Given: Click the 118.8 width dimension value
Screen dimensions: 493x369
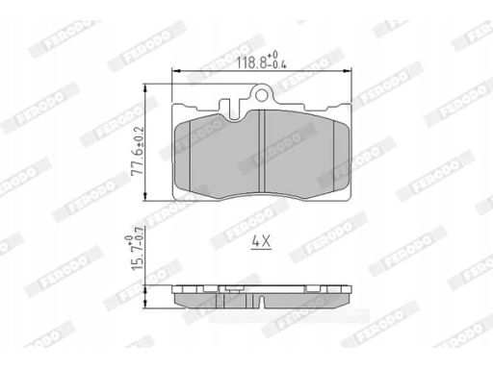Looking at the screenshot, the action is click(252, 62).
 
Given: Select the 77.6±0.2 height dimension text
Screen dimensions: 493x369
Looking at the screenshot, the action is click(138, 150).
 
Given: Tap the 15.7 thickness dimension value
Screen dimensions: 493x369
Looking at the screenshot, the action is click(138, 259).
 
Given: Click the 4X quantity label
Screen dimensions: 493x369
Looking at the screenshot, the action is click(262, 241).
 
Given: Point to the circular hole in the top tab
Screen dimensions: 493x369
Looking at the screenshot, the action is click(262, 95).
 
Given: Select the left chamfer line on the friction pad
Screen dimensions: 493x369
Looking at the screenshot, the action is click(191, 155).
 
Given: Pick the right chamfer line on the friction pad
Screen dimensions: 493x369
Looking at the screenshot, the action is click(334, 155).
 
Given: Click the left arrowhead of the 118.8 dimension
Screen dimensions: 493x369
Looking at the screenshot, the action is click(175, 71).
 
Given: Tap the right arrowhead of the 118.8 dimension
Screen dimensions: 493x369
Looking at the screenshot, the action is click(348, 71).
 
